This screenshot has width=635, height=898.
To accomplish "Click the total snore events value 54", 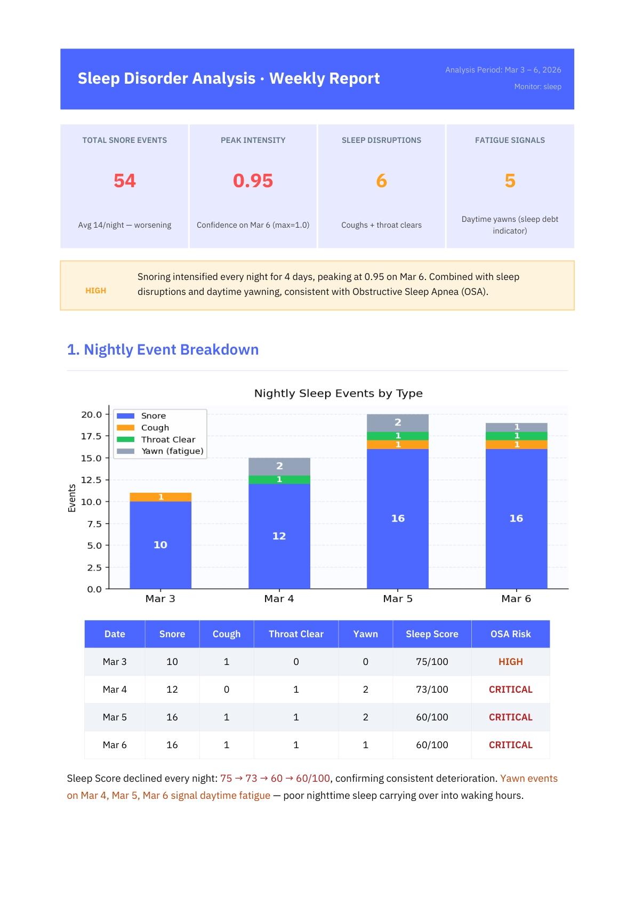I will [x=125, y=181].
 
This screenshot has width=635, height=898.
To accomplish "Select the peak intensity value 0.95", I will [x=253, y=181].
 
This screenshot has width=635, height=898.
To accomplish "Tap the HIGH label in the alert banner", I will [x=96, y=291].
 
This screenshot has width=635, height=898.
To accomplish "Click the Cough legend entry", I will [x=155, y=428].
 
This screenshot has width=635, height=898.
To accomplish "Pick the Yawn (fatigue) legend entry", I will [x=172, y=451].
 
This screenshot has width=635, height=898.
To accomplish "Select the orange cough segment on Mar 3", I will [x=160, y=497].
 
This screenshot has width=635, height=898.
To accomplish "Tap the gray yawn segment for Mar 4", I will [x=279, y=466].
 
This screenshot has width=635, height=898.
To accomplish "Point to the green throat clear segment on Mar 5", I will [x=398, y=436].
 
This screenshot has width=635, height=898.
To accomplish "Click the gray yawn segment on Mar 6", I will [x=516, y=427].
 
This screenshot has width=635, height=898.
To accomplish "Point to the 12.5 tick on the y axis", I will [x=91, y=480].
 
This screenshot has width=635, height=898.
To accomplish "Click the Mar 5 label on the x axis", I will [x=398, y=599].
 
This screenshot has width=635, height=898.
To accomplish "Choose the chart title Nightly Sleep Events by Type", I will [x=338, y=394].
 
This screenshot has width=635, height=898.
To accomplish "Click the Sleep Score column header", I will [x=432, y=634].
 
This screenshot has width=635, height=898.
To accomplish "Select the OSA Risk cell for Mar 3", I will [x=510, y=662].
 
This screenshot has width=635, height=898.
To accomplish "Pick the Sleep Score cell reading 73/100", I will [x=432, y=689].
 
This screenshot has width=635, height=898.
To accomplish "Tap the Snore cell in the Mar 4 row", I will [x=172, y=689].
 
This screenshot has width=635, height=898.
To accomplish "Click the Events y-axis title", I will [x=72, y=498].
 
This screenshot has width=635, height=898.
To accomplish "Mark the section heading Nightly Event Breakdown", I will [x=163, y=350].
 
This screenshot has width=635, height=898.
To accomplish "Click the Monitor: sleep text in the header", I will [x=537, y=86].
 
